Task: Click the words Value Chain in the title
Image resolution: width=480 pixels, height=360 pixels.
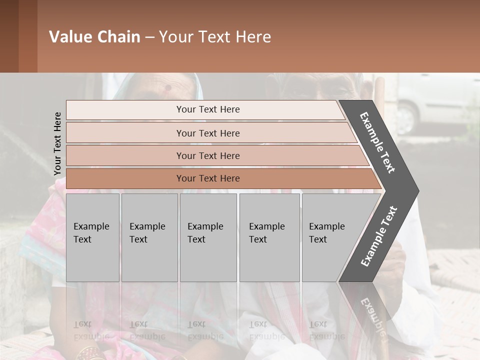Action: [x=94, y=37]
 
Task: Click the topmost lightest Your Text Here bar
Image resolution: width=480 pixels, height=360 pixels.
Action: [x=207, y=109]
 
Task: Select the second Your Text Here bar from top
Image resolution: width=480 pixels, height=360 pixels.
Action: [x=207, y=133]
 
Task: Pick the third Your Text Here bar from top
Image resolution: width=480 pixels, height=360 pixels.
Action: [x=207, y=155]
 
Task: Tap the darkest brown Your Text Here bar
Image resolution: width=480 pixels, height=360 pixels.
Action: [x=207, y=178]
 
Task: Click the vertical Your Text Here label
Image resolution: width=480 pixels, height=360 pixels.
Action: [x=57, y=144]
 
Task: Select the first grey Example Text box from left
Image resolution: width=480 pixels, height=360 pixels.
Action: [x=92, y=237]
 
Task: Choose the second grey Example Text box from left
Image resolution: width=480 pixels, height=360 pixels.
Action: [x=149, y=237]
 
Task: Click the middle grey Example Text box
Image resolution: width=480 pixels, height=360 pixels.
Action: [x=208, y=237]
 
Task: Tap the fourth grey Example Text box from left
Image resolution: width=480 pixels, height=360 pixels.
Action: [x=269, y=237]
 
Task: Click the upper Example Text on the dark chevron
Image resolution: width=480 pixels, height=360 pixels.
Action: [x=377, y=142]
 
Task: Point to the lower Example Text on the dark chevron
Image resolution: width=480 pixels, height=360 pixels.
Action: [x=379, y=236]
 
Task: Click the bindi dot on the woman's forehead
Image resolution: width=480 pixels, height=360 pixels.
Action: [x=168, y=87]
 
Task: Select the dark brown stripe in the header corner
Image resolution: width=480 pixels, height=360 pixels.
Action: [x=9, y=36]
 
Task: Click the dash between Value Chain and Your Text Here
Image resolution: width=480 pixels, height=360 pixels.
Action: [x=149, y=37]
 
